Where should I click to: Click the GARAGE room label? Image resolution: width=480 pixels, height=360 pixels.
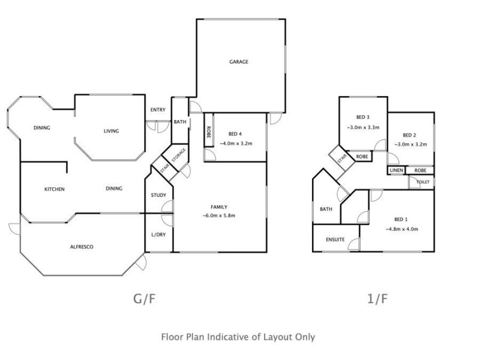(x=239, y=62)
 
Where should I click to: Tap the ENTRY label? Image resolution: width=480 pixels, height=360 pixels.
(x=158, y=110)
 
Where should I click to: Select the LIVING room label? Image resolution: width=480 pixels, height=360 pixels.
(x=111, y=131)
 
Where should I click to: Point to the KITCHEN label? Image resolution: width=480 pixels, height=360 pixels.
(x=55, y=189)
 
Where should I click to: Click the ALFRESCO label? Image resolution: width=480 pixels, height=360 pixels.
(x=82, y=247)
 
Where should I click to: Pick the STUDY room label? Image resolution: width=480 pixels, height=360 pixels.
(x=158, y=195)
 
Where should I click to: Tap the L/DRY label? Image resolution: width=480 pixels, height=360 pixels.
(x=158, y=235)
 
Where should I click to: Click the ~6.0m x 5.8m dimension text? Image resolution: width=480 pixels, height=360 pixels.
(x=219, y=215)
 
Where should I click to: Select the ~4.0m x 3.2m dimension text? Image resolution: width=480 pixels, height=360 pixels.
(x=236, y=143)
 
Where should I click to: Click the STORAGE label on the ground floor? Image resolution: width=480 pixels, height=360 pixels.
(x=179, y=155)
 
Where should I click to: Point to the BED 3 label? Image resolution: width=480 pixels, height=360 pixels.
(x=363, y=117)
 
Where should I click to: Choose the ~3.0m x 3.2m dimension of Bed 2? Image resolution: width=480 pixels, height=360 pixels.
(x=410, y=144)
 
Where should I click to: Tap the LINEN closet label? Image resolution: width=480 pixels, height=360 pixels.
(x=397, y=170)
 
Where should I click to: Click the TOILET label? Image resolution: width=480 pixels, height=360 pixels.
(x=423, y=182)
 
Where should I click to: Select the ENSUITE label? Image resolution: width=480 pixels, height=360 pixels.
(x=335, y=239)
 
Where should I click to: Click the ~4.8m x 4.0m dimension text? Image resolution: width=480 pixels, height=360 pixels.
(x=401, y=229)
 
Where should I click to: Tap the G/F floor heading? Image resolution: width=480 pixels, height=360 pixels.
(x=145, y=299)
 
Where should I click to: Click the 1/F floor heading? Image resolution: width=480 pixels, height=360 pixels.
(x=377, y=299)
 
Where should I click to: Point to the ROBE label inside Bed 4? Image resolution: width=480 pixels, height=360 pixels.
(x=208, y=132)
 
